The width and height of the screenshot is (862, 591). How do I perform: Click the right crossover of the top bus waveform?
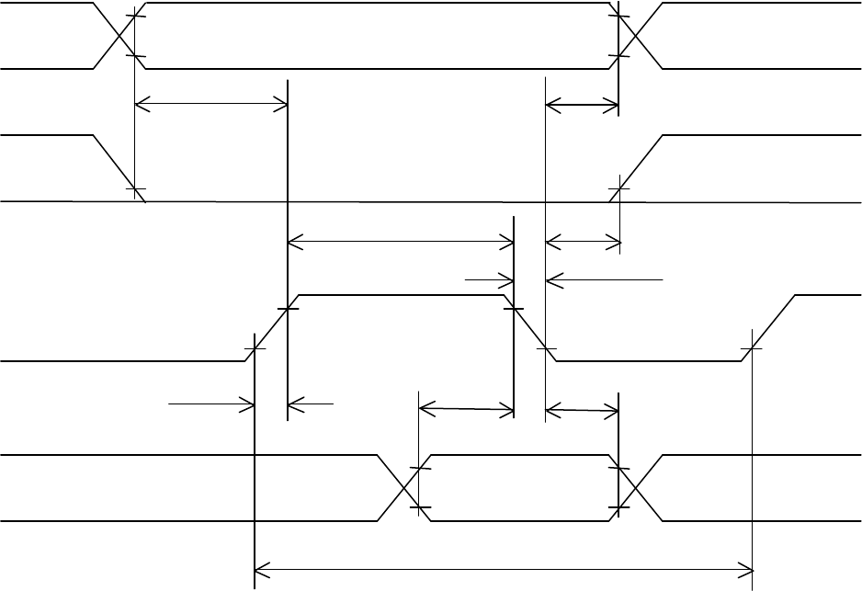coord(638,36)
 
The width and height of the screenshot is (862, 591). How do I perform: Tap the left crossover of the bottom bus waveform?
coord(404,488)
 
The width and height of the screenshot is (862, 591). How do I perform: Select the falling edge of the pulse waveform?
coord(530,328)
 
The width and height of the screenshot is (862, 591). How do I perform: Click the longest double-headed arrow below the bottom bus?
coord(503,572)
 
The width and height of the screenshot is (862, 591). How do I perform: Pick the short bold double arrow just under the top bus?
coord(583,107)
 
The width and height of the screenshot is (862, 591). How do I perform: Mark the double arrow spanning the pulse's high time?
coord(401,243)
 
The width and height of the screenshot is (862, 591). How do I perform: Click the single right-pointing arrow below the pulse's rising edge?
coord(211,402)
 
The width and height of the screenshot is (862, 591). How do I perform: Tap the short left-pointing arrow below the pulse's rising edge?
coord(311,402)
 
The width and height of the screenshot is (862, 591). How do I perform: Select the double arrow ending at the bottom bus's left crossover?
coord(466,408)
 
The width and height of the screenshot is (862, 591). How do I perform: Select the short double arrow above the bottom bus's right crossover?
coord(583,408)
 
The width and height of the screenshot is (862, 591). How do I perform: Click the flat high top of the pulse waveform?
coord(401,295)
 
